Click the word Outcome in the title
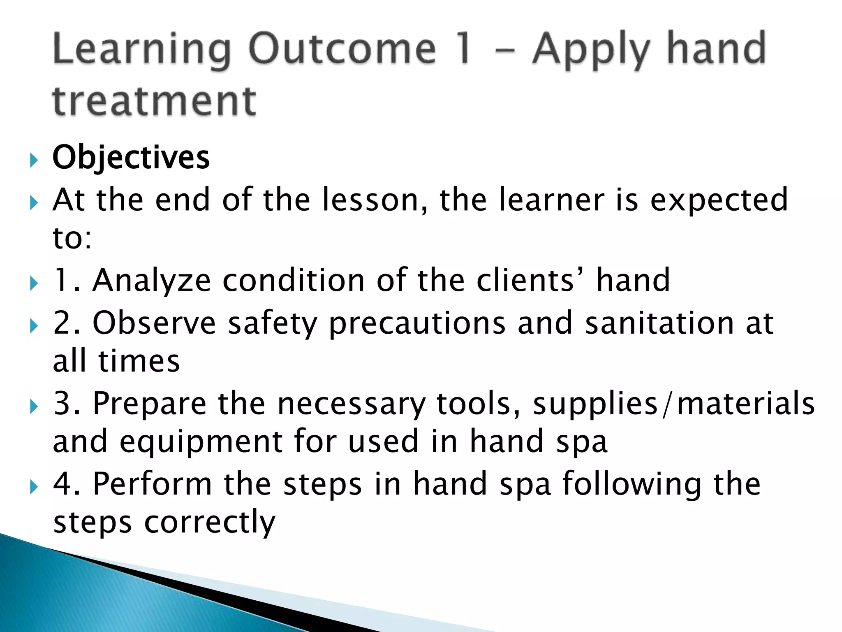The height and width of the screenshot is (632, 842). point(342,49)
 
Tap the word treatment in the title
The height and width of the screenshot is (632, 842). point(155,101)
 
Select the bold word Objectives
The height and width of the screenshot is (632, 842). point(131,158)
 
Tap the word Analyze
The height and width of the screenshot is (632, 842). point(152,281)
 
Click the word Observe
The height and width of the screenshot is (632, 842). point(154,323)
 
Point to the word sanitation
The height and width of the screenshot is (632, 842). point(659,323)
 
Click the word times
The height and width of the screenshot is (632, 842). point(139,361)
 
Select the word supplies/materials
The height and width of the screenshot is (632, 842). point(674,404)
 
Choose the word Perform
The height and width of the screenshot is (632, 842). point(152,484)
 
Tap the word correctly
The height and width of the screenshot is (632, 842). point(210,523)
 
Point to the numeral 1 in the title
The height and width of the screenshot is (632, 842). point(465,49)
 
